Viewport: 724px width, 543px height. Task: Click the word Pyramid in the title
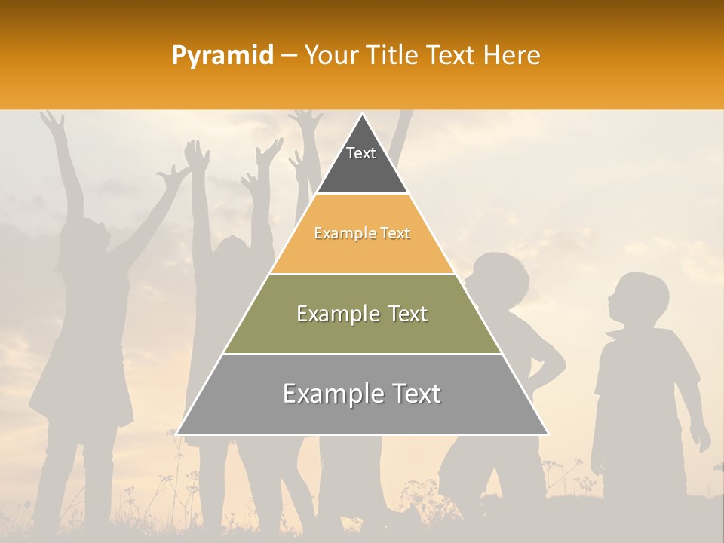pos(222,56)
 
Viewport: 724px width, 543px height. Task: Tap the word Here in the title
pos(513,55)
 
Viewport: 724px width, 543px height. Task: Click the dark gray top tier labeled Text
pos(361,162)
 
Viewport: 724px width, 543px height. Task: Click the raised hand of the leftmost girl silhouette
pos(51,121)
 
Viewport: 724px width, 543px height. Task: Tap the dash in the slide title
pos(289,56)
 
